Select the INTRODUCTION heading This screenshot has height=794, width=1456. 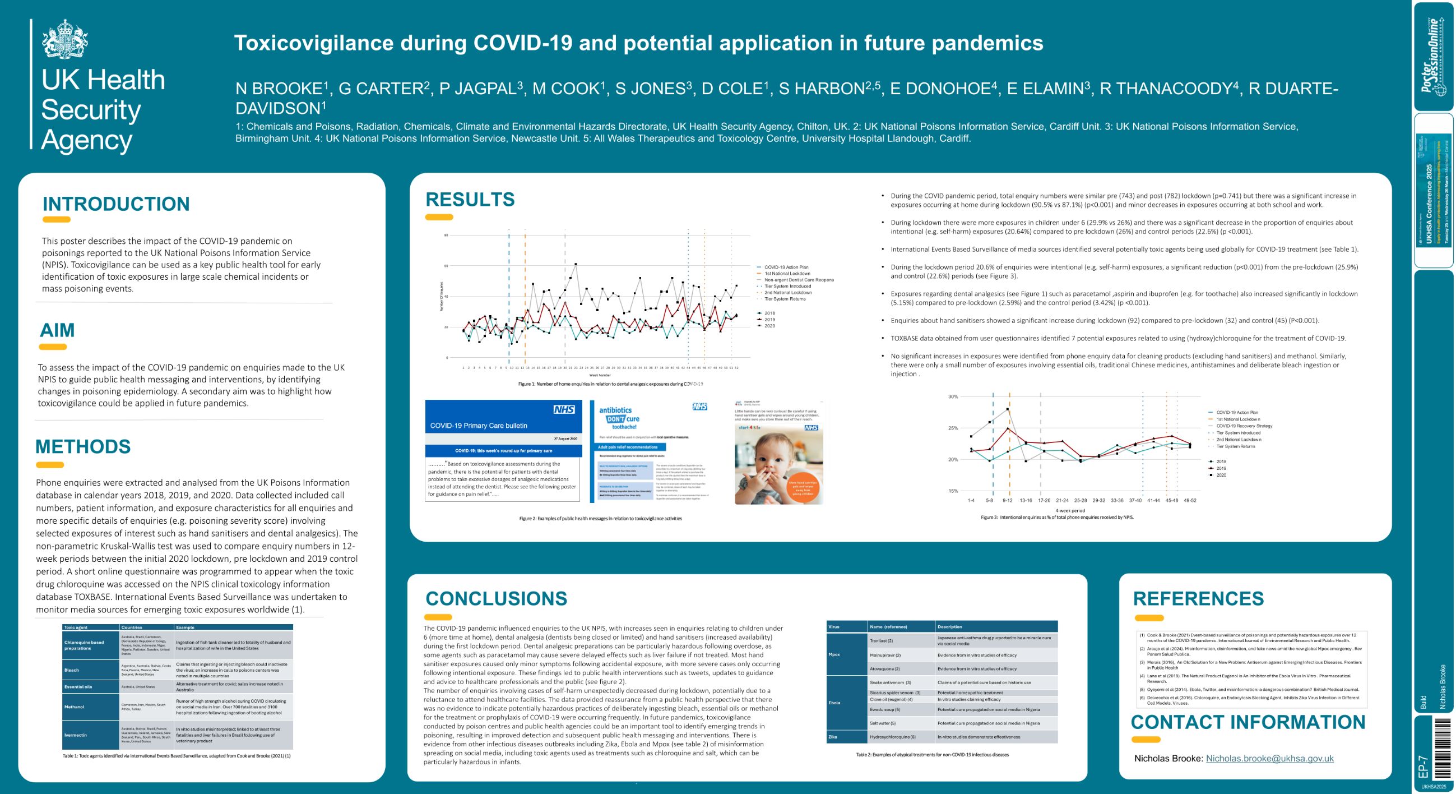[x=116, y=204]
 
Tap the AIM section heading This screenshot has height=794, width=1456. [x=57, y=330]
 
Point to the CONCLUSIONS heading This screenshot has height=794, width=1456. [x=495, y=598]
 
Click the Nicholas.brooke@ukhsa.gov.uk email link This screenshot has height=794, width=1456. [x=1269, y=758]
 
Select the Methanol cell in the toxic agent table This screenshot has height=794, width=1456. [x=74, y=707]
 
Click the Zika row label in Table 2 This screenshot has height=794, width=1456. [x=833, y=737]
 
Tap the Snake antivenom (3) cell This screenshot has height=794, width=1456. [x=890, y=682]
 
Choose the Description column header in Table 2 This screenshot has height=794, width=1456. [x=949, y=626]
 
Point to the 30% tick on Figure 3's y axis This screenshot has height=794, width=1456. [x=953, y=396]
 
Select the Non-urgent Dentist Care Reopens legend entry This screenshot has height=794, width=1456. [x=799, y=280]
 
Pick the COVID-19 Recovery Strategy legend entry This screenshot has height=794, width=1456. [x=1244, y=426]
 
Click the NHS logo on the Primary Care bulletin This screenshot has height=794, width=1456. [x=564, y=409]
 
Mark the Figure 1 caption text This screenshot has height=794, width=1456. [x=610, y=384]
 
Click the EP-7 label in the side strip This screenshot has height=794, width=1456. [x=1422, y=767]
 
